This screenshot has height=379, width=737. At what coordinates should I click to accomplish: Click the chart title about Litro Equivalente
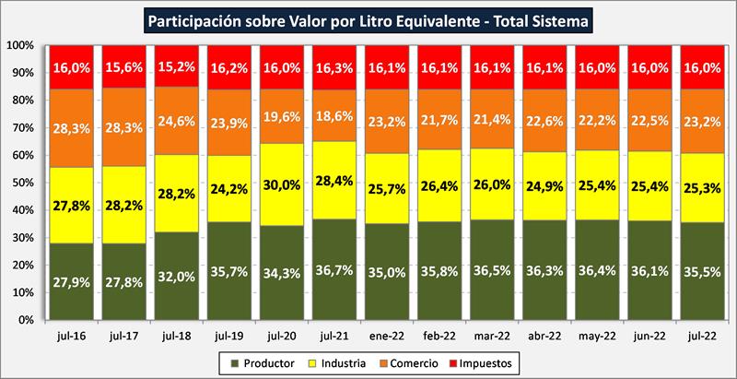tap(368, 18)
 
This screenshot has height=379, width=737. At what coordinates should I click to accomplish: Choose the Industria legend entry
tap(347, 363)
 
